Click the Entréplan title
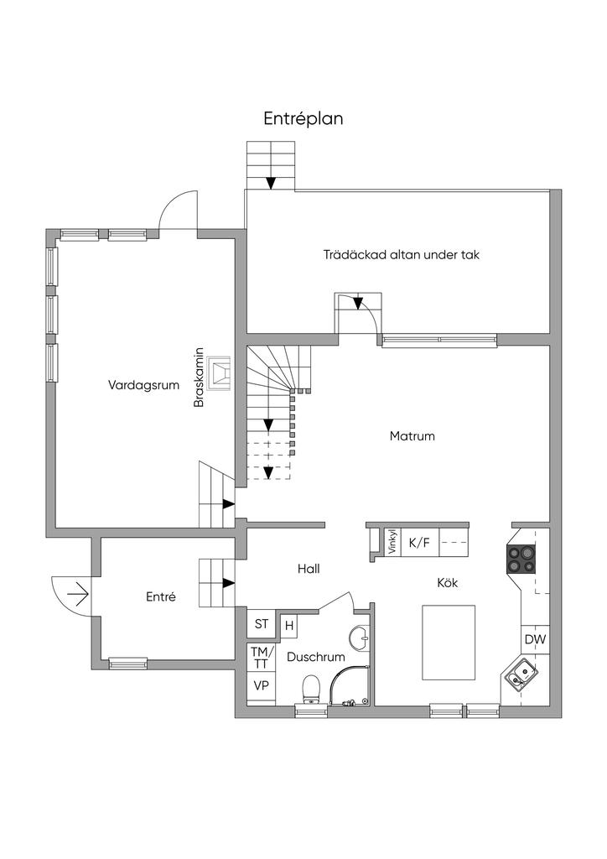tap(303, 119)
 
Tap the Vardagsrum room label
tap(139, 385)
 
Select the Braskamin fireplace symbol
tap(221, 373)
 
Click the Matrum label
tap(412, 436)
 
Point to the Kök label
tap(448, 582)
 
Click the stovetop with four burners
tap(521, 558)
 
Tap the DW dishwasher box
tap(535, 640)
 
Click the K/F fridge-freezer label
tap(419, 543)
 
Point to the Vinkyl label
tap(392, 543)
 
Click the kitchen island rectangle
tap(448, 643)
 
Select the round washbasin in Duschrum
tap(361, 638)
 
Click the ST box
tap(262, 624)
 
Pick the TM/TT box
tap(261, 658)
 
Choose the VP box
tap(261, 685)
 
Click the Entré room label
tap(160, 597)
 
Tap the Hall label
tap(309, 568)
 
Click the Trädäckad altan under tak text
tap(401, 255)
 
